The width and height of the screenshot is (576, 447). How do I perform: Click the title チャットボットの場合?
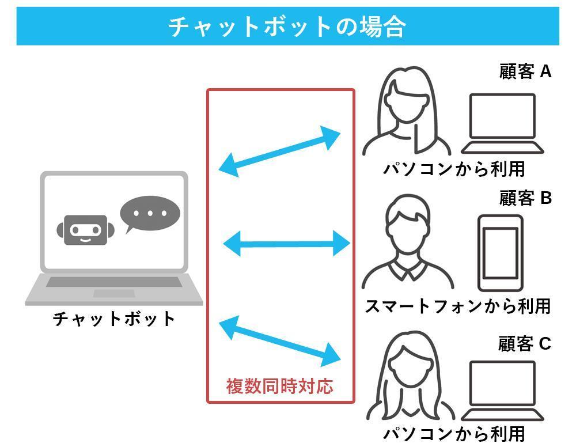click(287, 26)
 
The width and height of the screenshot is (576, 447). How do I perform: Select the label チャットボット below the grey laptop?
click(113, 319)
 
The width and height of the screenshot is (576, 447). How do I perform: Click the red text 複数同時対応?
click(279, 385)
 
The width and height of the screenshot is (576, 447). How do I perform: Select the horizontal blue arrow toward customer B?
click(286, 244)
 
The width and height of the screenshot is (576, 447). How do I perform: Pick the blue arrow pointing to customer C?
click(281, 341)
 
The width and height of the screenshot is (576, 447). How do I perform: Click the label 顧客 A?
click(525, 72)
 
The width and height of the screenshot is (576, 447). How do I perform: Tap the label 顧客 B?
click(525, 198)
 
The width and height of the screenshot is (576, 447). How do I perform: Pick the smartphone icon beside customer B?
click(500, 252)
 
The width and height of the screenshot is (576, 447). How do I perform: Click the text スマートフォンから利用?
click(458, 306)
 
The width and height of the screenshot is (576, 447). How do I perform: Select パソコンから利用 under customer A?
click(454, 169)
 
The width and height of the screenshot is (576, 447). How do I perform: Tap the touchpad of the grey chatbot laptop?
click(113, 293)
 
